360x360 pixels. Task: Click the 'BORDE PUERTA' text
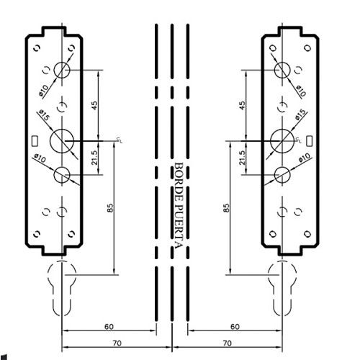point(179,206)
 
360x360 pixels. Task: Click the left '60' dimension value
point(109,327)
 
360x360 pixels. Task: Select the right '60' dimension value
point(235,327)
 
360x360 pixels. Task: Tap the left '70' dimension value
point(117,343)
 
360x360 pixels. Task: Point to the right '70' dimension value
point(227,343)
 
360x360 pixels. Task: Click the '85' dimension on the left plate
point(110,208)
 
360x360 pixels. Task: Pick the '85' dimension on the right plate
point(226,208)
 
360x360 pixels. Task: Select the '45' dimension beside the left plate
point(95,106)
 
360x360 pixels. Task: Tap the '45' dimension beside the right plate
point(243,106)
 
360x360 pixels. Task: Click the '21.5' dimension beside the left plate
point(95,158)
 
